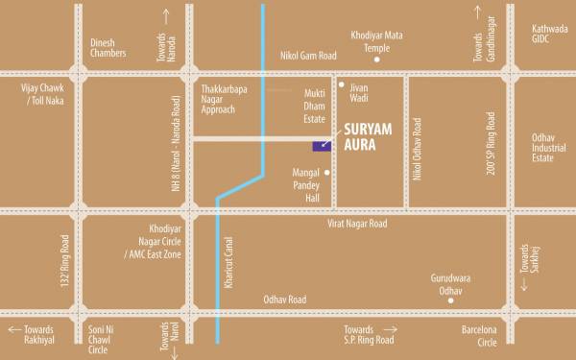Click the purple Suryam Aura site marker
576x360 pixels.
pos(317,146)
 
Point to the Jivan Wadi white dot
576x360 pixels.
pos(341,85)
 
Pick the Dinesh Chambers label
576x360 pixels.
pos(108,49)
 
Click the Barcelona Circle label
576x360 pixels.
pos(479,334)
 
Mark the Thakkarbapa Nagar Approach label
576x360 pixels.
pos(226,97)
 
